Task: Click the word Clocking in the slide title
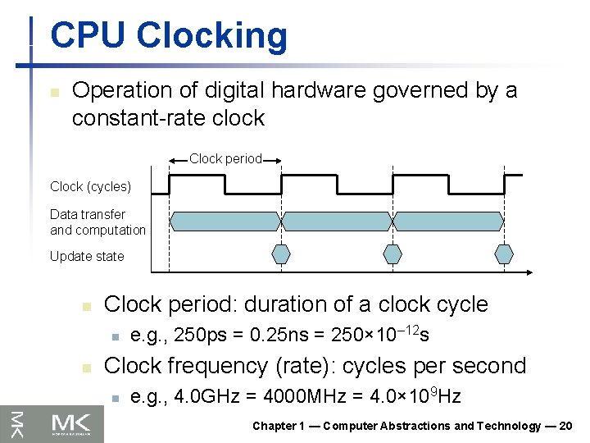(x=212, y=37)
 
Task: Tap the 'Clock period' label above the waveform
(x=225, y=158)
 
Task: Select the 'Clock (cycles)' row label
(x=90, y=186)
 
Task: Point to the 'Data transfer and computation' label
(x=98, y=222)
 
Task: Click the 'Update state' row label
(x=87, y=256)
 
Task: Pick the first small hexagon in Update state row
(x=281, y=253)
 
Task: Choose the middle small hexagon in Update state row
(x=393, y=253)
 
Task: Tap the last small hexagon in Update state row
(x=505, y=253)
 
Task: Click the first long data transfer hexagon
(x=225, y=220)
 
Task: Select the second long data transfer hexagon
(x=337, y=220)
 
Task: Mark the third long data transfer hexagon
(x=449, y=220)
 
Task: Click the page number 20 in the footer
(x=565, y=426)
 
